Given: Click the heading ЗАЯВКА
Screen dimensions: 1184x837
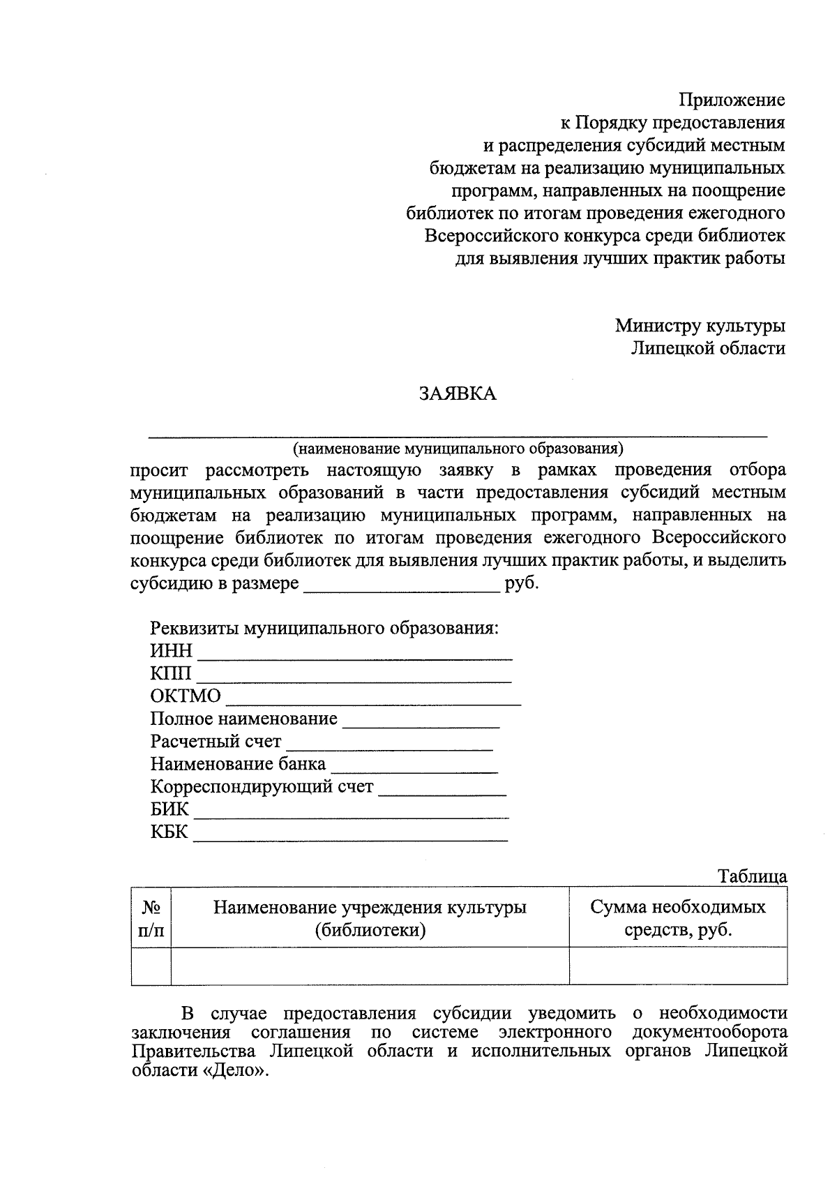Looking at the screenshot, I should coord(457,394).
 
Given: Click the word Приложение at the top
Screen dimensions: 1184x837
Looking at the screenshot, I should coord(732,100).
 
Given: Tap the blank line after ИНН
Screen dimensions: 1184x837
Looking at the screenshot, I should coord(356,653).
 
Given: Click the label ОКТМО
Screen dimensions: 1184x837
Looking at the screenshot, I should coord(186,696).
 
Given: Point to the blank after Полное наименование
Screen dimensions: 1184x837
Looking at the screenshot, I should coord(421,721).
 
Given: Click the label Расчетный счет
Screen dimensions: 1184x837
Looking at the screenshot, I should coord(216,742).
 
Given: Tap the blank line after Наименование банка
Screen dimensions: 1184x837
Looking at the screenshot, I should coord(414,766).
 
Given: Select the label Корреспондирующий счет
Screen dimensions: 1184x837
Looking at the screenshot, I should coord(262,787).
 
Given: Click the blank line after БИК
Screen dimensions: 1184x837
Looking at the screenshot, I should coord(351,812).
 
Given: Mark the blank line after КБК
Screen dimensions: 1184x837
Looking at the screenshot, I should coord(350,834).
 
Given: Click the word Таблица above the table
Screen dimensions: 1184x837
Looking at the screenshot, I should coord(753,877).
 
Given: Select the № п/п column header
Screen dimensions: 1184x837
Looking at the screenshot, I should coord(151,918).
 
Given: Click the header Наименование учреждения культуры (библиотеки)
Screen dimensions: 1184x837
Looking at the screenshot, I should coord(370,918).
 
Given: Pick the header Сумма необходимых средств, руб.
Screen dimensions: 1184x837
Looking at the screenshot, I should coord(678,918).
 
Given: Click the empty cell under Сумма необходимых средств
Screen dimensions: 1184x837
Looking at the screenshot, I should coord(678,966).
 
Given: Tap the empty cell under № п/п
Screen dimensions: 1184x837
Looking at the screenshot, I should coord(151,966).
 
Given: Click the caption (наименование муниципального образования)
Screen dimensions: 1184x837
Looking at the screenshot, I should coord(458,447).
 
